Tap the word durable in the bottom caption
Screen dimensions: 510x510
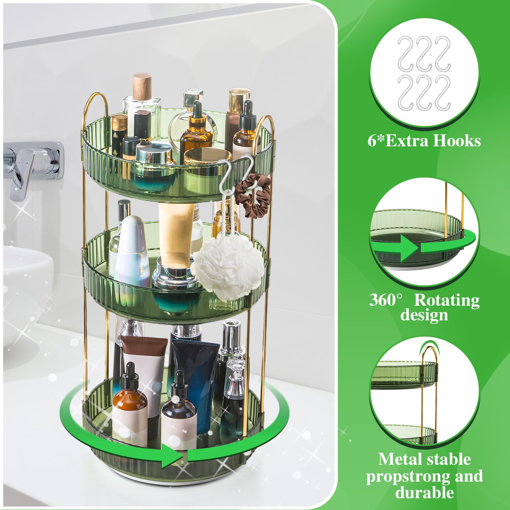coord(424,492)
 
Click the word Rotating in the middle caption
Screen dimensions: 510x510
coord(446,300)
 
